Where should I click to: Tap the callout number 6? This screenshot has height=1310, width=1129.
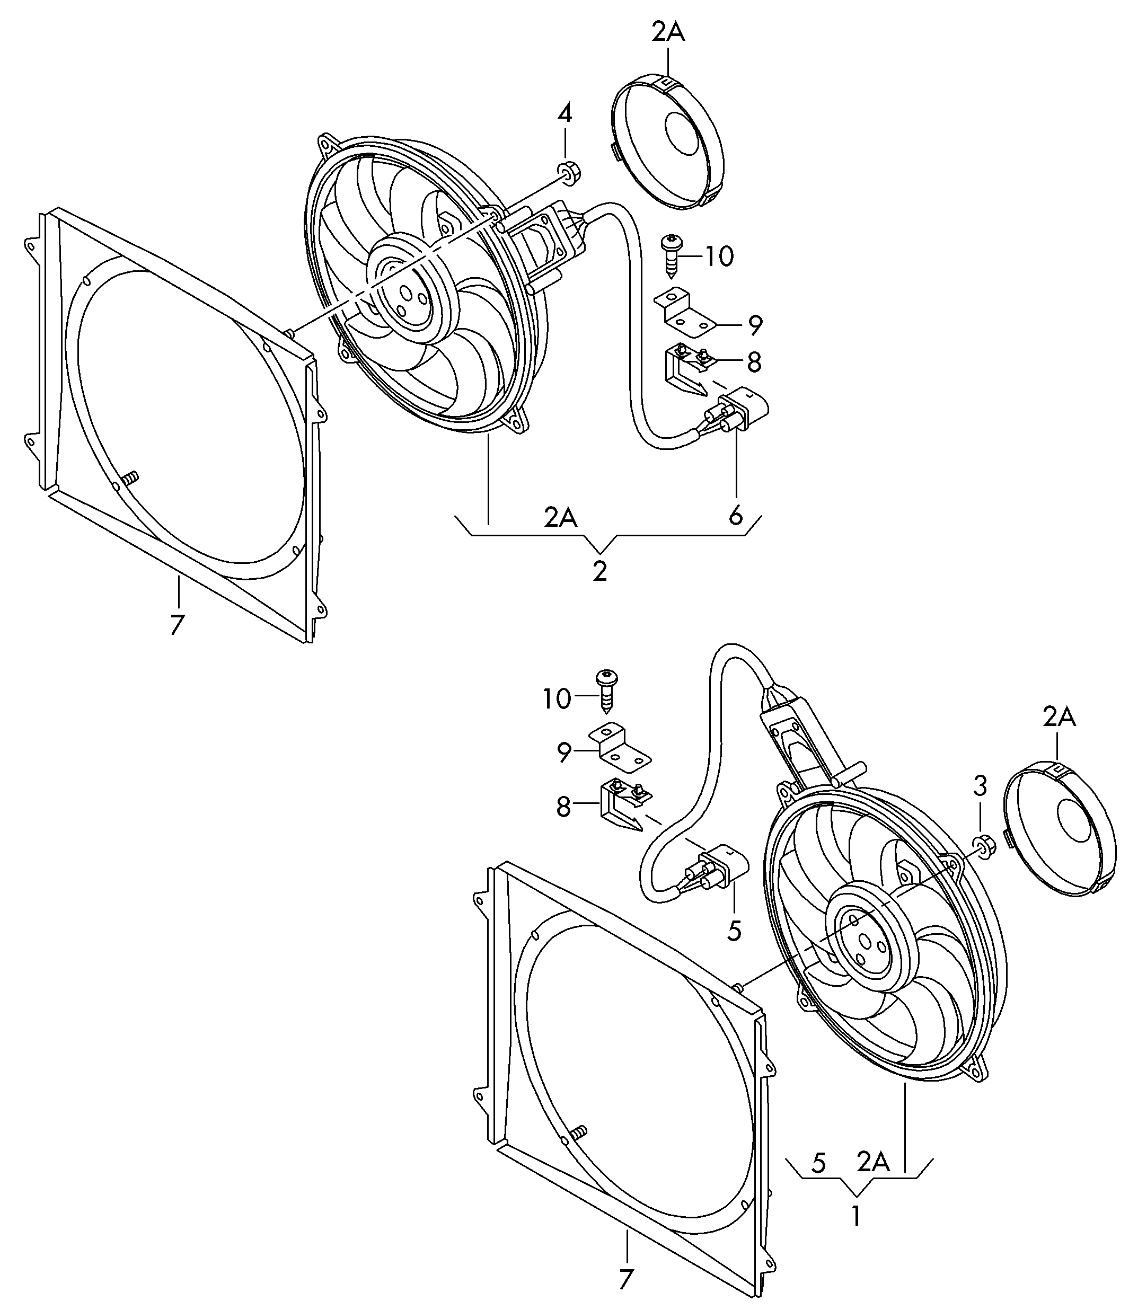point(735,516)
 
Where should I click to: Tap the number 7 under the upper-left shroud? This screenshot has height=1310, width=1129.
point(177,625)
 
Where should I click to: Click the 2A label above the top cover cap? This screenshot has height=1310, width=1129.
point(668,32)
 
